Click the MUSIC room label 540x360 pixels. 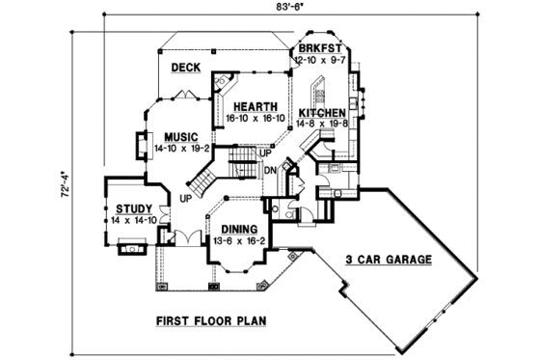coord(180,137)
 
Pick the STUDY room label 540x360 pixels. coord(132,208)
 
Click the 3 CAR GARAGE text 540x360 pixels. coord(387,261)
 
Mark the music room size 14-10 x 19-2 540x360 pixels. coord(180,149)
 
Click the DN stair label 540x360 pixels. coord(271,169)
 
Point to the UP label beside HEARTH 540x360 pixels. coord(267,152)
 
